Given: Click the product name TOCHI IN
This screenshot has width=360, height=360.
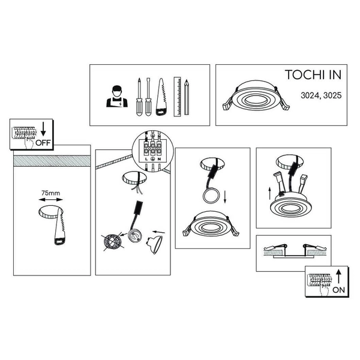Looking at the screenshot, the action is click(x=313, y=74).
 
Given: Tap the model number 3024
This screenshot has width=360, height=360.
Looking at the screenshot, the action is click(x=310, y=95).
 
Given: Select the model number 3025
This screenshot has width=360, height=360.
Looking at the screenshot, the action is click(x=332, y=95).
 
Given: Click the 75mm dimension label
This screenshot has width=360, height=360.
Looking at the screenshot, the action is click(x=51, y=193).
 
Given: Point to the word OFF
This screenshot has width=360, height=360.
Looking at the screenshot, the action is click(x=43, y=143).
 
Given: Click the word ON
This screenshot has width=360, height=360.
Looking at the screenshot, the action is click(x=338, y=290).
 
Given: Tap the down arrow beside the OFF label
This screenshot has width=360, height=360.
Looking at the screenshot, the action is click(x=43, y=129).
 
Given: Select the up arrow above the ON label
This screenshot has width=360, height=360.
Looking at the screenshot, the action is click(x=338, y=276).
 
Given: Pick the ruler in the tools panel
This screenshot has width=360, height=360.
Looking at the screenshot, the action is click(x=177, y=97).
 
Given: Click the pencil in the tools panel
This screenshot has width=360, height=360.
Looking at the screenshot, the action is click(x=187, y=97).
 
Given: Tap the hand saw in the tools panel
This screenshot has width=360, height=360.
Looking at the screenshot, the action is click(x=161, y=97).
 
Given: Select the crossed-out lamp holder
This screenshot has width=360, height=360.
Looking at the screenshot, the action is click(x=113, y=242).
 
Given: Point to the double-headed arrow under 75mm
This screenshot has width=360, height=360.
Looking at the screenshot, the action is click(x=50, y=200).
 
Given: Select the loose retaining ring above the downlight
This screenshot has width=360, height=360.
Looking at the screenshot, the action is click(x=211, y=196).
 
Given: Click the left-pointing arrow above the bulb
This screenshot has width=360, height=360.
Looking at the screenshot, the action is click(x=158, y=232).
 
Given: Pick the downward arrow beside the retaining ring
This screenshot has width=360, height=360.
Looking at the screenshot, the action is click(x=225, y=196).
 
